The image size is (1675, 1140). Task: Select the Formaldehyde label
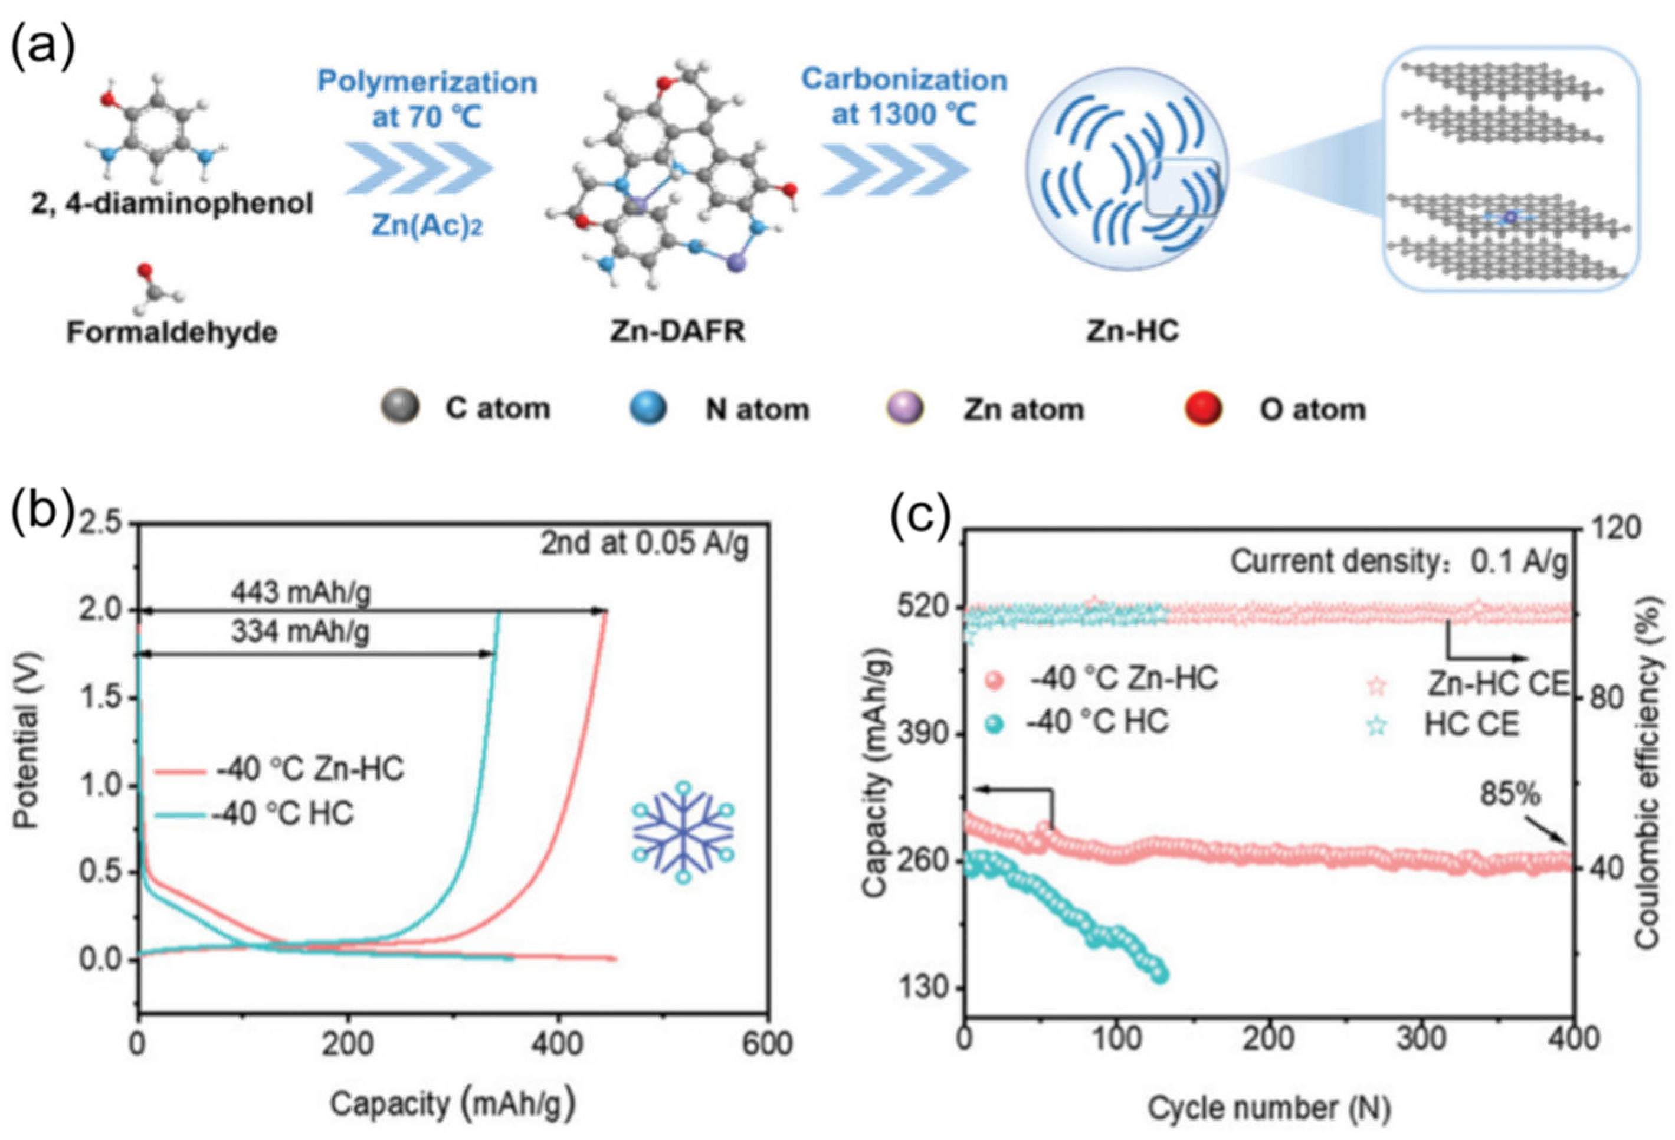pyautogui.click(x=172, y=332)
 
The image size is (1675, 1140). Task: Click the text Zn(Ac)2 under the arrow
pyautogui.click(x=427, y=226)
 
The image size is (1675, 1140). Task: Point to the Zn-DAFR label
pyautogui.click(x=677, y=331)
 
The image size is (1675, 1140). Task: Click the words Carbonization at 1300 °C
pyautogui.click(x=904, y=97)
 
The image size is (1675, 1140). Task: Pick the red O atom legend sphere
pyautogui.click(x=1203, y=408)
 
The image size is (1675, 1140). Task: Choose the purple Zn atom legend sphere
pyautogui.click(x=904, y=408)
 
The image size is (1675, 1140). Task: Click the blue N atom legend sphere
pyautogui.click(x=647, y=408)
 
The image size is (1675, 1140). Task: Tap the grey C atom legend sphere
pyautogui.click(x=400, y=408)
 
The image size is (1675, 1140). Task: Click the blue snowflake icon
pyautogui.click(x=683, y=831)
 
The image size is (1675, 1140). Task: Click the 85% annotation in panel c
pyautogui.click(x=1510, y=794)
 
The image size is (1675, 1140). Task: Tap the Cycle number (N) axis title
pyautogui.click(x=1269, y=1107)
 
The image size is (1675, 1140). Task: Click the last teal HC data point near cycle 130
pyautogui.click(x=1161, y=975)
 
